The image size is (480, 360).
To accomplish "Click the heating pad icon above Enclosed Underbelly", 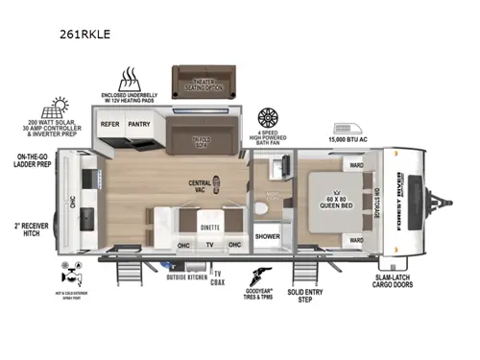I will (x=130, y=79).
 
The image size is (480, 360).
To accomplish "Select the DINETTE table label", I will (x=209, y=228).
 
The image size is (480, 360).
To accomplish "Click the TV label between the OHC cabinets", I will (x=208, y=245).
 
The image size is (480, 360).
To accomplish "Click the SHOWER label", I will (x=268, y=235).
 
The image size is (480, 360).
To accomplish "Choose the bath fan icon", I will (x=269, y=119).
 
